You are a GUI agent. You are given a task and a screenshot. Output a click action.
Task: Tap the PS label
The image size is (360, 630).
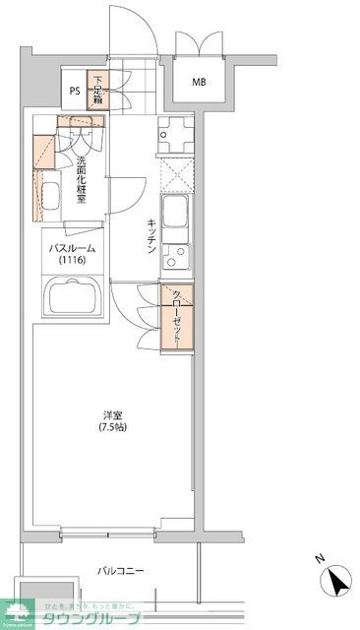75,93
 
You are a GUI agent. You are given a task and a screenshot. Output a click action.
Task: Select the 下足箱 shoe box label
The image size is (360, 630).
98,89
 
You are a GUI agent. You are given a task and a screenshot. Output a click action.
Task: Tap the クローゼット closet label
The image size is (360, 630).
177,317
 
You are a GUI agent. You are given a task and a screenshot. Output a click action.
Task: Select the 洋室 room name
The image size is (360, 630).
112,414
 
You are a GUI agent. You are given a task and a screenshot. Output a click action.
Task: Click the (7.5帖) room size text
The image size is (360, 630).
112,428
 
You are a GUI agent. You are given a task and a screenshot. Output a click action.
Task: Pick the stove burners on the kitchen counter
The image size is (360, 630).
175,134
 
